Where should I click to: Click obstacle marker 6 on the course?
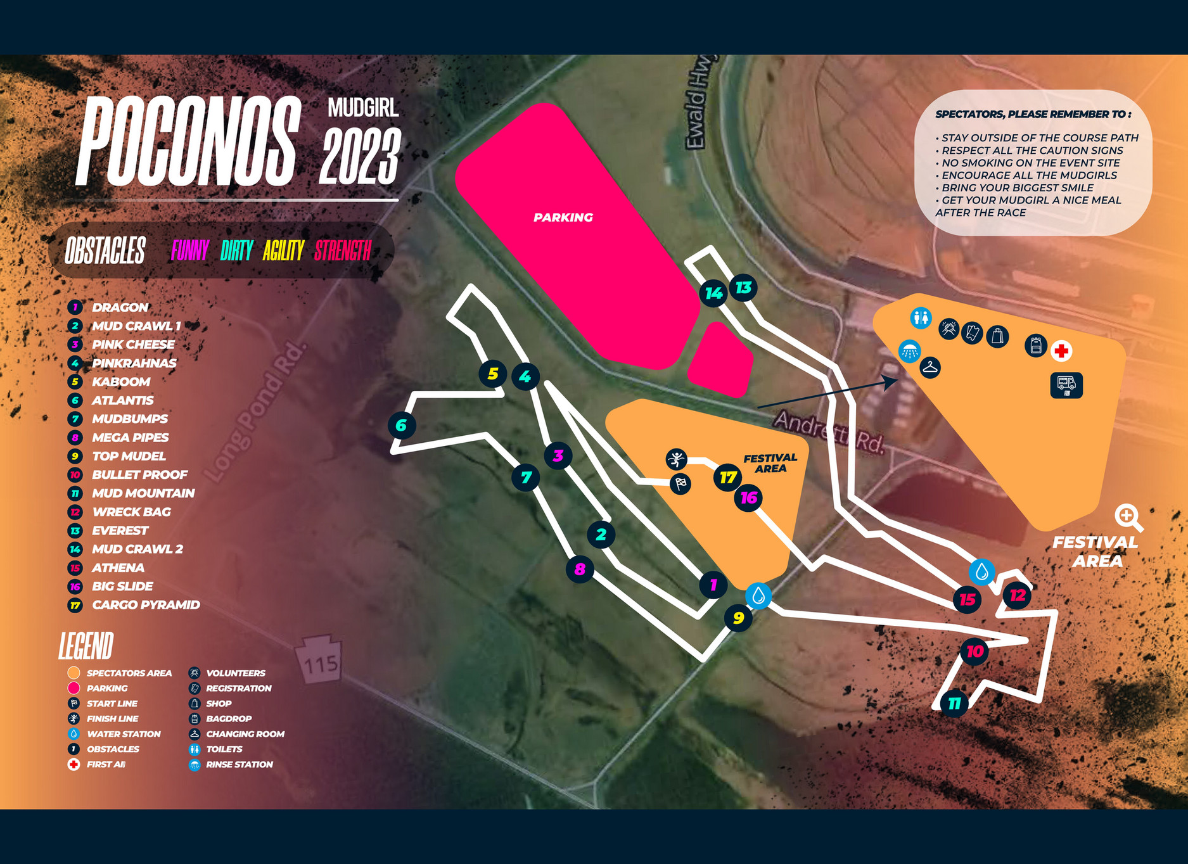pos(402,426)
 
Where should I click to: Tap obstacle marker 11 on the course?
pos(954,703)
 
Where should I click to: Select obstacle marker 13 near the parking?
pos(743,288)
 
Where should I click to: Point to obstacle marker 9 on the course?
pos(738,618)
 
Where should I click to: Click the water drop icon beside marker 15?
pos(981,572)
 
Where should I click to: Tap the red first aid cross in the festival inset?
pos(1061,350)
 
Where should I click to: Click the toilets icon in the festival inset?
pos(921,317)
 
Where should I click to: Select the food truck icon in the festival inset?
pos(1066,385)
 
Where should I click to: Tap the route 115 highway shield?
pos(320,662)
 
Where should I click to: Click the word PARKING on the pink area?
pos(563,217)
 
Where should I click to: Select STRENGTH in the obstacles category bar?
pos(343,251)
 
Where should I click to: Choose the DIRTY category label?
pos(237,251)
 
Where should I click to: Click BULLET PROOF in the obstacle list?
pos(139,474)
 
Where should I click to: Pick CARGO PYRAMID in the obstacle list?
pos(146,605)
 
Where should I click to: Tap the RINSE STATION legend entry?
pos(239,765)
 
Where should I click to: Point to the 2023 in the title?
pos(361,156)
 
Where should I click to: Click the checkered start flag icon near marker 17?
pos(680,484)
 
